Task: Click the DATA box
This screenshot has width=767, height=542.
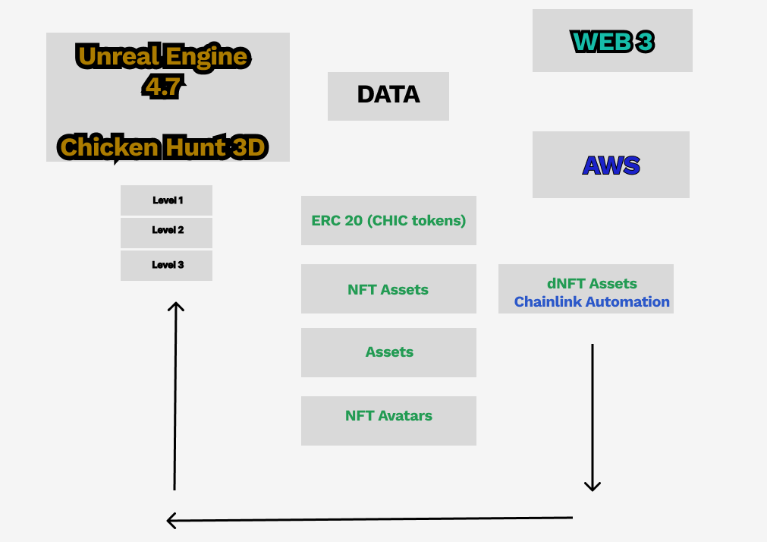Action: (x=388, y=96)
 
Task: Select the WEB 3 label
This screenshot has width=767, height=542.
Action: (x=612, y=42)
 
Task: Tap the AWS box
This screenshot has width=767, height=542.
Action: (x=611, y=165)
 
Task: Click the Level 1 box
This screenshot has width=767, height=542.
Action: (x=166, y=200)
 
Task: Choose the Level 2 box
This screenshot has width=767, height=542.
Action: (x=166, y=232)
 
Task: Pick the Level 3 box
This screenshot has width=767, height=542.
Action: (x=166, y=266)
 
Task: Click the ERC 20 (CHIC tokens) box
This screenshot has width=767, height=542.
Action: (x=389, y=220)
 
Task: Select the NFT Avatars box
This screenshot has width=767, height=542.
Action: (x=389, y=421)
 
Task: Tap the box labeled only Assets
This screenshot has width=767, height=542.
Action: (x=389, y=352)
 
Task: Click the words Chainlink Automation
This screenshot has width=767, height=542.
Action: (x=592, y=301)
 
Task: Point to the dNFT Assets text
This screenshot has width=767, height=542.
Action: (x=592, y=283)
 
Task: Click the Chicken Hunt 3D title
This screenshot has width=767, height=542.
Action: (x=163, y=147)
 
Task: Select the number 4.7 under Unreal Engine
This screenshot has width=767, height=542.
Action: (x=163, y=87)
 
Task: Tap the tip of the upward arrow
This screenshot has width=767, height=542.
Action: (x=175, y=303)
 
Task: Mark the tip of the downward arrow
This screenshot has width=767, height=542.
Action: (x=593, y=490)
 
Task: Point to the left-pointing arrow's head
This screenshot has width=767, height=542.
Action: (x=168, y=521)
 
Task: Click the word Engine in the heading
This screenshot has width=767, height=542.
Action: (x=206, y=57)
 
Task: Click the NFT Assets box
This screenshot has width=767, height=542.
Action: (x=389, y=289)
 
